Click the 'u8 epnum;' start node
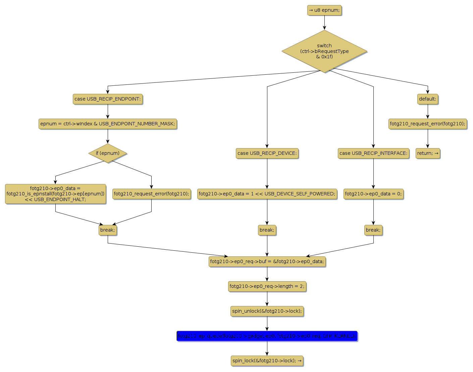[324, 10]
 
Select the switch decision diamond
[324, 51]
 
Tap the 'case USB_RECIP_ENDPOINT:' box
[108, 99]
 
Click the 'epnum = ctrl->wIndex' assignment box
[108, 124]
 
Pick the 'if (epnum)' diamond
[108, 153]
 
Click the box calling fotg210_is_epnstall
[55, 194]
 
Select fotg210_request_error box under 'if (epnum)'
[151, 194]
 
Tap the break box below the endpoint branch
[108, 230]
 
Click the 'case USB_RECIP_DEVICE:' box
[267, 153]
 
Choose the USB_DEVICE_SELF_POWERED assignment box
[267, 194]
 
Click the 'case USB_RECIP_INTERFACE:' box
[373, 153]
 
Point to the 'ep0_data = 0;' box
[373, 194]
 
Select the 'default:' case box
[428, 99]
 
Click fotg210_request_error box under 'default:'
[428, 124]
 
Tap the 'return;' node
[428, 153]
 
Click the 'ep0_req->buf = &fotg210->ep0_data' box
[267, 262]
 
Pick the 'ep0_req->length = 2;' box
[267, 287]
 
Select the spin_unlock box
[267, 311]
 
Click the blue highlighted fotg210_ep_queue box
[267, 336]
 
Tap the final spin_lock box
[267, 361]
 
